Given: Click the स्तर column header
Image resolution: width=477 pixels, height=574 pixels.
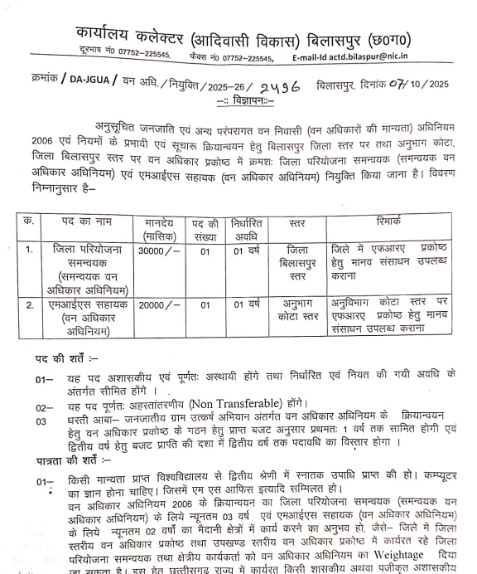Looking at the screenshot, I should click(x=298, y=223).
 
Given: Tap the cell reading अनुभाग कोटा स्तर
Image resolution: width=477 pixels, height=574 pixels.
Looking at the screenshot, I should click(x=297, y=314).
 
